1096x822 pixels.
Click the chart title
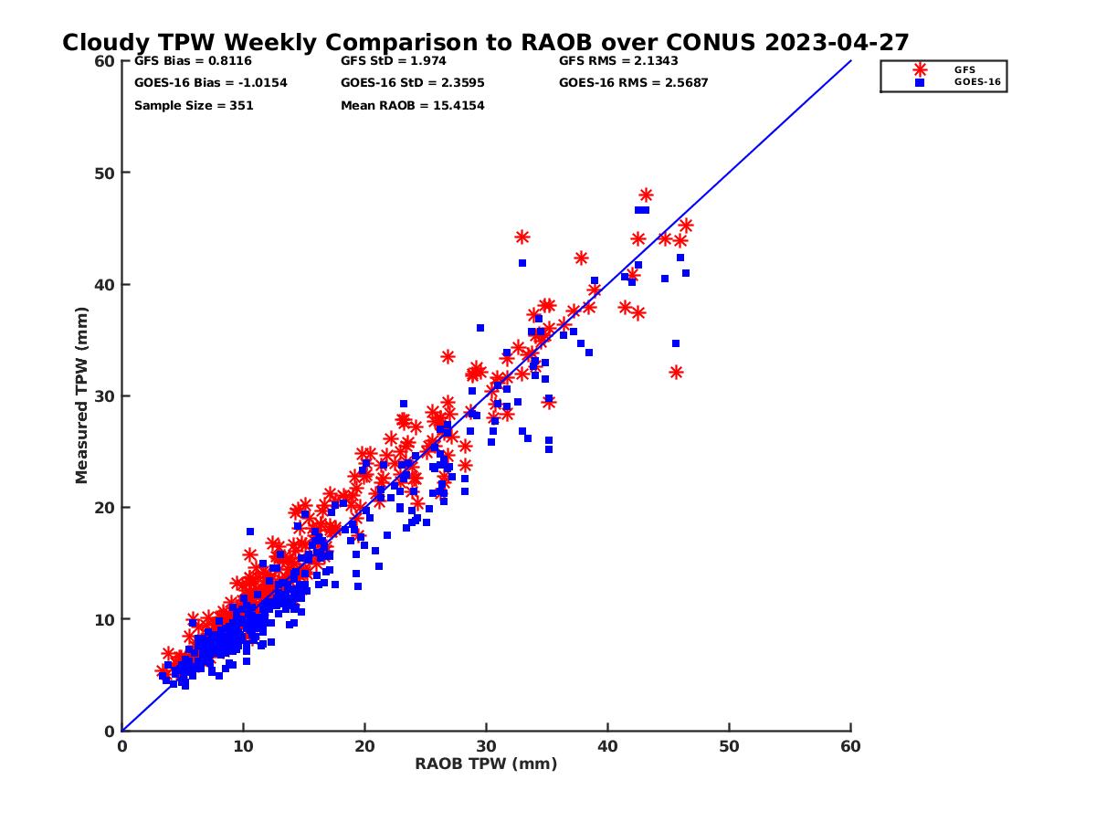pyautogui.click(x=485, y=42)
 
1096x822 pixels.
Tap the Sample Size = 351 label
pyautogui.click(x=194, y=106)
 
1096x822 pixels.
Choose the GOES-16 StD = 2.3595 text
pyautogui.click(x=412, y=83)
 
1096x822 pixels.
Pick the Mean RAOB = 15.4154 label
pyautogui.click(x=412, y=106)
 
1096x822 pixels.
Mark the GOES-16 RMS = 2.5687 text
pyautogui.click(x=634, y=83)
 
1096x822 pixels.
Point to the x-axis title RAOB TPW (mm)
pyautogui.click(x=486, y=764)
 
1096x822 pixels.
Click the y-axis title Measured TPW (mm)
pyautogui.click(x=82, y=395)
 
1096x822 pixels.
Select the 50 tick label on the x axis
pyautogui.click(x=729, y=746)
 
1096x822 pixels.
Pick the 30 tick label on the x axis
pyautogui.click(x=486, y=746)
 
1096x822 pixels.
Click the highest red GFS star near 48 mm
pyautogui.click(x=646, y=195)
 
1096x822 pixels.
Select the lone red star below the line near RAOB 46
pyautogui.click(x=676, y=373)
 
